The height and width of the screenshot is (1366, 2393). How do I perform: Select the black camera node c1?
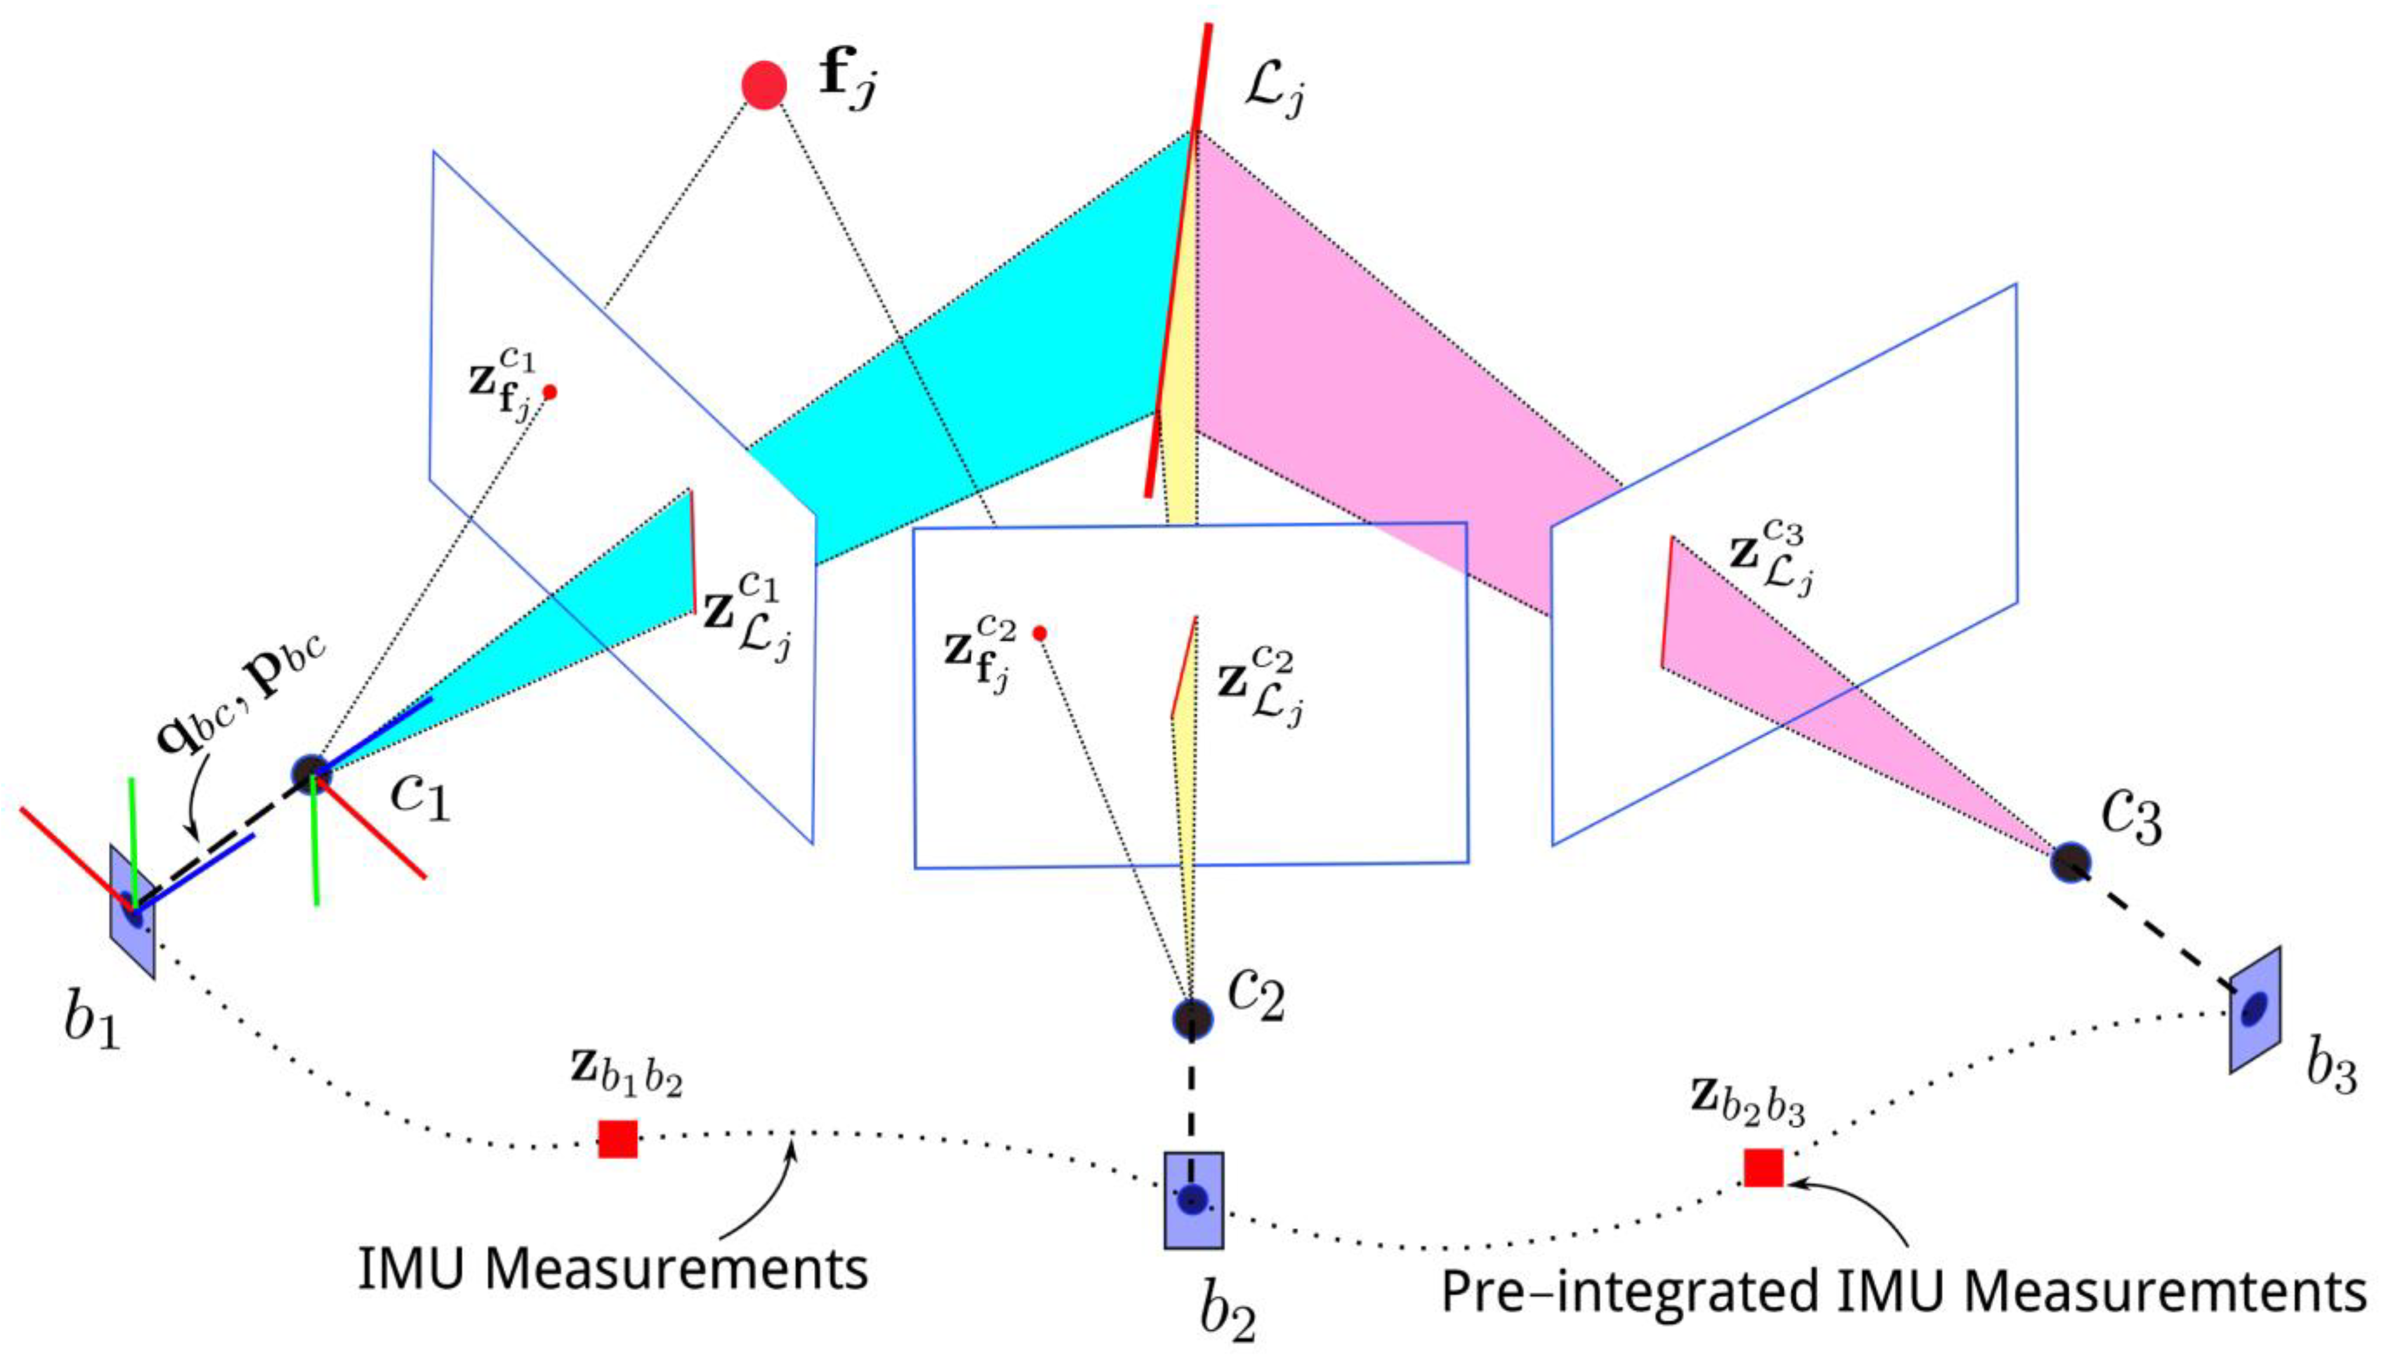pyautogui.click(x=311, y=774)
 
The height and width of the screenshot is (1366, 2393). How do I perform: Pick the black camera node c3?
pyautogui.click(x=2070, y=860)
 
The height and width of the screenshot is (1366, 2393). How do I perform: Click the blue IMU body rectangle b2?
pyautogui.click(x=1194, y=1200)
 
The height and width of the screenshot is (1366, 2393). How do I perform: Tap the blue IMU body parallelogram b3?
pyautogui.click(x=2255, y=1010)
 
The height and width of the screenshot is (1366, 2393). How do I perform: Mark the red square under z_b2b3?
pyautogui.click(x=1763, y=1167)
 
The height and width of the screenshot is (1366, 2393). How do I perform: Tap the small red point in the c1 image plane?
pyautogui.click(x=550, y=392)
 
